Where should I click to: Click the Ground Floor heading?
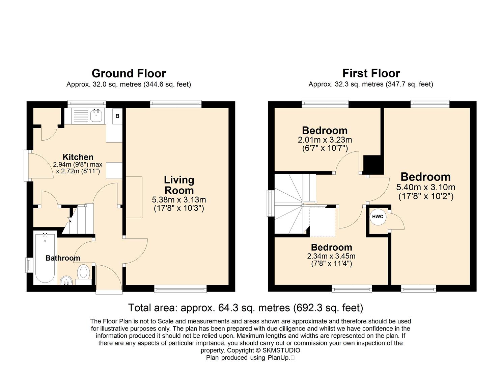[129, 73]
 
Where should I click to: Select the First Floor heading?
[371, 73]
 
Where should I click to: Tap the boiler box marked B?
[117, 116]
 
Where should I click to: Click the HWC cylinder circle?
[378, 217]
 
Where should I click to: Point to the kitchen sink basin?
[96, 116]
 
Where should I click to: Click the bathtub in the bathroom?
[45, 258]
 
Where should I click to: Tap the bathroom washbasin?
[66, 280]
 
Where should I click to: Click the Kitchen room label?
[78, 157]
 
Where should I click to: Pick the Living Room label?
[179, 185]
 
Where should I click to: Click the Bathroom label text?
[63, 258]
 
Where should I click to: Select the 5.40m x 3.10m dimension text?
[426, 187]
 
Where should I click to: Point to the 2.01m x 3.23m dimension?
[325, 140]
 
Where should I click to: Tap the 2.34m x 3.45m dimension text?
[331, 256]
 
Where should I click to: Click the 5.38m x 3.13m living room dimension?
[179, 199]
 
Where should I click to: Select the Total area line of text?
[246, 308]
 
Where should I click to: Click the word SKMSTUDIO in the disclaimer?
[281, 350]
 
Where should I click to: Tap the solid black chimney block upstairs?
[373, 165]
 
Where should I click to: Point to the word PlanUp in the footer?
[278, 358]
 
